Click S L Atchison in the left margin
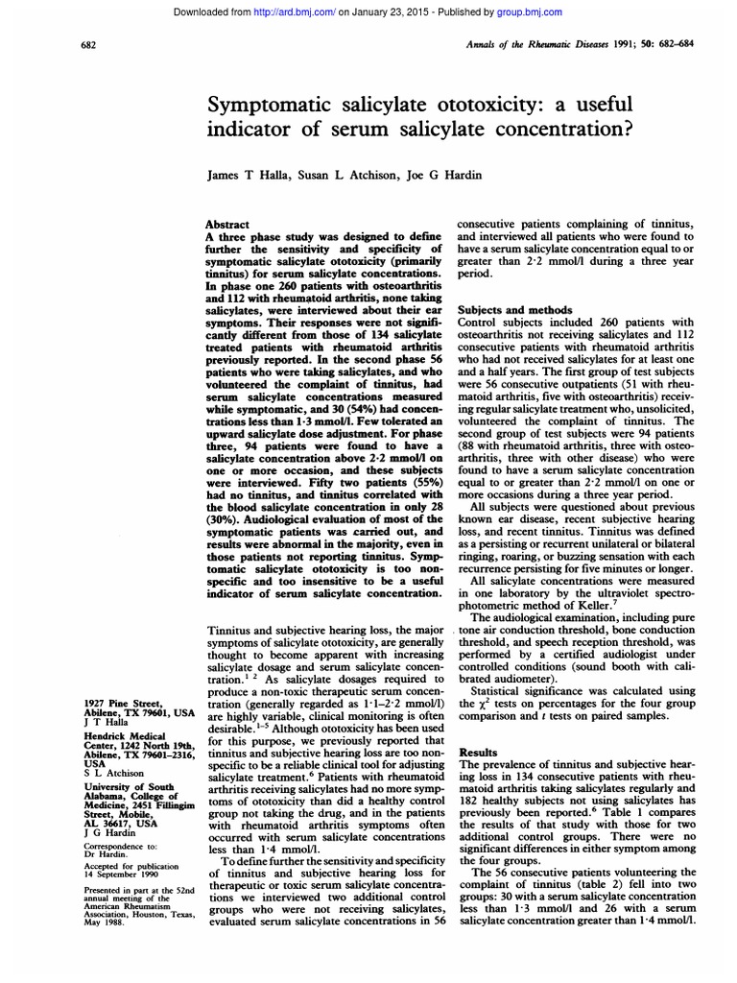114,772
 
